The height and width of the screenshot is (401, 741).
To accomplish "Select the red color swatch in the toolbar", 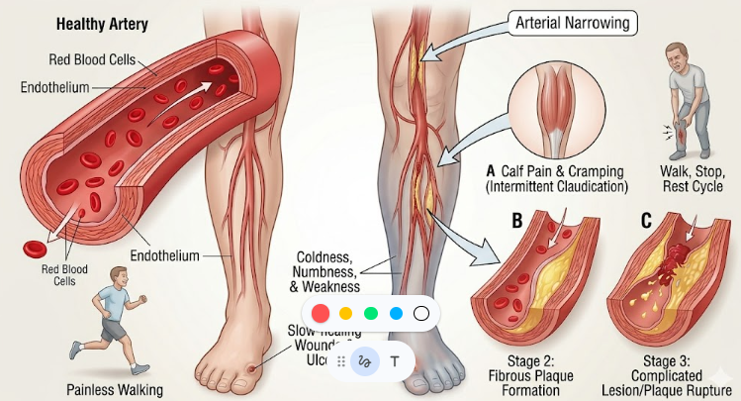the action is tap(321, 313).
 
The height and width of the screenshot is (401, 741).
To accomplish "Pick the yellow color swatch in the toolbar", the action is tap(346, 313).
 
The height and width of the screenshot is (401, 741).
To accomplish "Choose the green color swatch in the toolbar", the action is tap(371, 313).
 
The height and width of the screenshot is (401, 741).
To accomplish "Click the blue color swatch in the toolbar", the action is tap(397, 313).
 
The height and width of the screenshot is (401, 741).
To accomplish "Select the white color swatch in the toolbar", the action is tap(421, 313).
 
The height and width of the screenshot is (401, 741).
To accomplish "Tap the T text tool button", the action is tap(395, 361).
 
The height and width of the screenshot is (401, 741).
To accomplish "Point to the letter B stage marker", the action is tap(515, 219).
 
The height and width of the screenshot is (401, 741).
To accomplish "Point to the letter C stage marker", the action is tap(645, 219).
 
